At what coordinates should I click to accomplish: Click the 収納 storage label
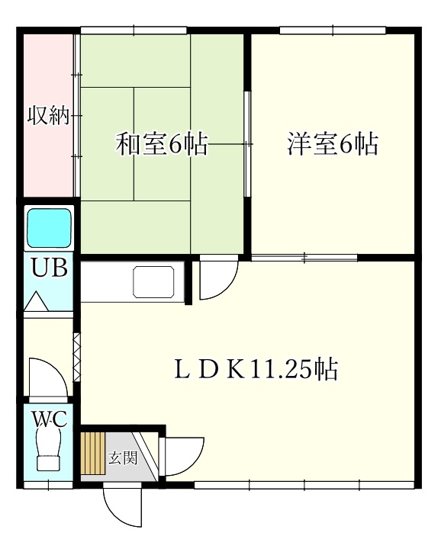pos(49,115)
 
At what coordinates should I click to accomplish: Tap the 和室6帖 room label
pos(162,144)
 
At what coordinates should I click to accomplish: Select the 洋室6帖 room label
pos(333,144)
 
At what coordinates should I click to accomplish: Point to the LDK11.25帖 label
pos(256,370)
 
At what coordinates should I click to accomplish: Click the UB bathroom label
pos(49,267)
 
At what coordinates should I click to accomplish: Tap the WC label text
pos(50,419)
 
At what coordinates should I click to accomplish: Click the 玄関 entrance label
pos(123,457)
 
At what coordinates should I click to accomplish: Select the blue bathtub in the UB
pos(50,228)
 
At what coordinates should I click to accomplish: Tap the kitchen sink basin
pos(153,282)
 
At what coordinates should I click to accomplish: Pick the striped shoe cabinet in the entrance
pos(93,454)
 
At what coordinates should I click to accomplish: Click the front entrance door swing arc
pos(122,509)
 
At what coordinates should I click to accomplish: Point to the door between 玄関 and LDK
pos(181,456)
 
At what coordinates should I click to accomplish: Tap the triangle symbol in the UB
pos(36,301)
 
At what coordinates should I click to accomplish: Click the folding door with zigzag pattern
pos(76,357)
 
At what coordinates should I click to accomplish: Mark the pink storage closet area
pos(48,115)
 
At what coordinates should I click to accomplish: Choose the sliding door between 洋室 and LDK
pos(304,258)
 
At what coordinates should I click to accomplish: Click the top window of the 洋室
pos(333,30)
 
